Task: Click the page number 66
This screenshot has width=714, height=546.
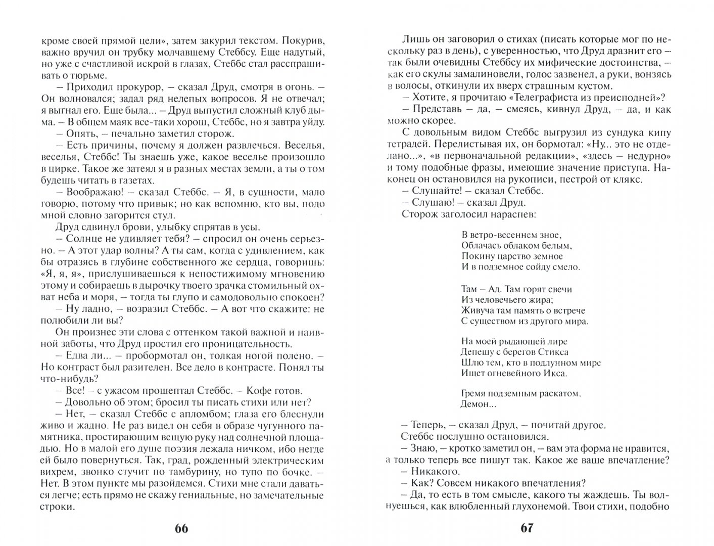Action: pyautogui.click(x=181, y=528)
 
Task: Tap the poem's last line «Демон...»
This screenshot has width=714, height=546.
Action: pyautogui.click(x=475, y=404)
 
